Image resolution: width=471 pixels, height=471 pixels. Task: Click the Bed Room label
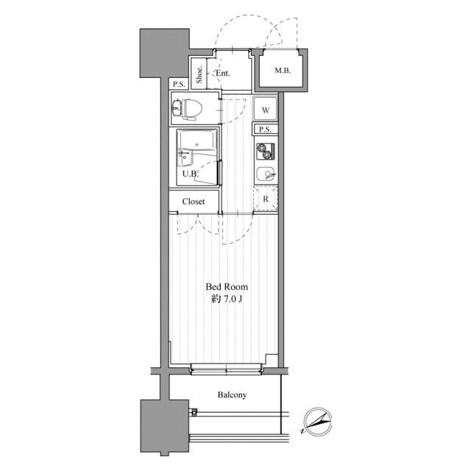click(x=227, y=287)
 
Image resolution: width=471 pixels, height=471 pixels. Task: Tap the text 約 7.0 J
click(x=227, y=300)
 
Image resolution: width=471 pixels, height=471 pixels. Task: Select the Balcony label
click(x=233, y=394)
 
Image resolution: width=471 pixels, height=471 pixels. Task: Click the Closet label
click(x=194, y=201)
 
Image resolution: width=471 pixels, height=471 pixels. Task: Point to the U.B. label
click(x=191, y=174)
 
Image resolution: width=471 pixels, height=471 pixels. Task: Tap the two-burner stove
click(x=265, y=151)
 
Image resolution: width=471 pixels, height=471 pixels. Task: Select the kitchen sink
click(x=266, y=174)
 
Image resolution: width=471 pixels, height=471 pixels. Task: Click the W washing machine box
click(x=265, y=109)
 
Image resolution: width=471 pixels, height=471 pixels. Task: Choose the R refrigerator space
click(x=266, y=198)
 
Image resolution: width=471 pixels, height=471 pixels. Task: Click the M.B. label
click(x=283, y=71)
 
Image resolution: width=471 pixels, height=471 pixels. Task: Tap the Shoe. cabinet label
click(x=199, y=74)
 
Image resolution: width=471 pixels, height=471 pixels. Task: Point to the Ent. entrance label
click(x=223, y=74)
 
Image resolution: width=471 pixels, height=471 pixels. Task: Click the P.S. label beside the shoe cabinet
click(x=180, y=84)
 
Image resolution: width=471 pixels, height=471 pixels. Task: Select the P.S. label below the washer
click(x=265, y=130)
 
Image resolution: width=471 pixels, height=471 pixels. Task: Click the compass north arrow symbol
click(x=317, y=422)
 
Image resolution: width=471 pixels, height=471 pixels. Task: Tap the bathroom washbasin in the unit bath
click(x=185, y=157)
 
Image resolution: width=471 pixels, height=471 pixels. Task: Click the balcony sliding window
click(x=226, y=369)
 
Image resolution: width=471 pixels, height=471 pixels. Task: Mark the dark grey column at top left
click(x=165, y=53)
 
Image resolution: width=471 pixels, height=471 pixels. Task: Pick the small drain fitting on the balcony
click(x=194, y=412)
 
